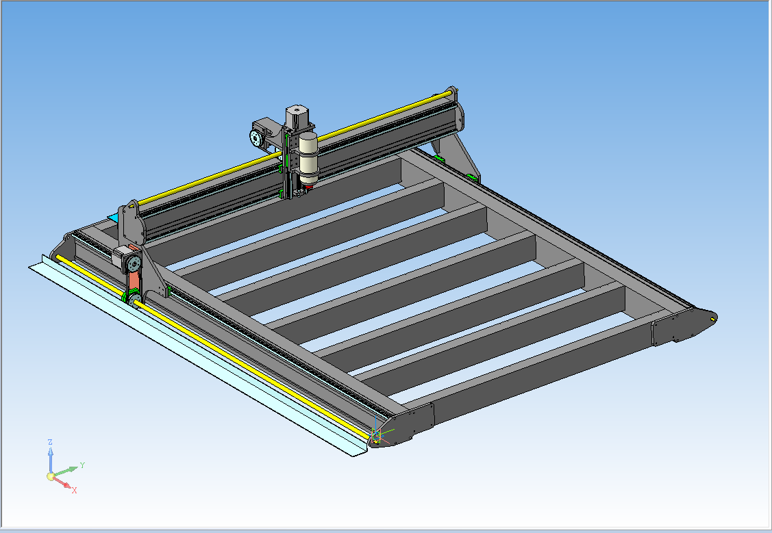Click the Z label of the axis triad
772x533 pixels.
click(50, 442)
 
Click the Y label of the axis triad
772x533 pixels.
click(82, 465)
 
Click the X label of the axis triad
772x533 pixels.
click(75, 490)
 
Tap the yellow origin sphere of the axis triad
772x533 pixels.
click(50, 476)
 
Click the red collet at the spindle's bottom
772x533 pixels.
click(309, 187)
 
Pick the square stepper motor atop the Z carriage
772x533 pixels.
click(295, 116)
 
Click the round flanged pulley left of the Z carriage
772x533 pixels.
click(256, 138)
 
